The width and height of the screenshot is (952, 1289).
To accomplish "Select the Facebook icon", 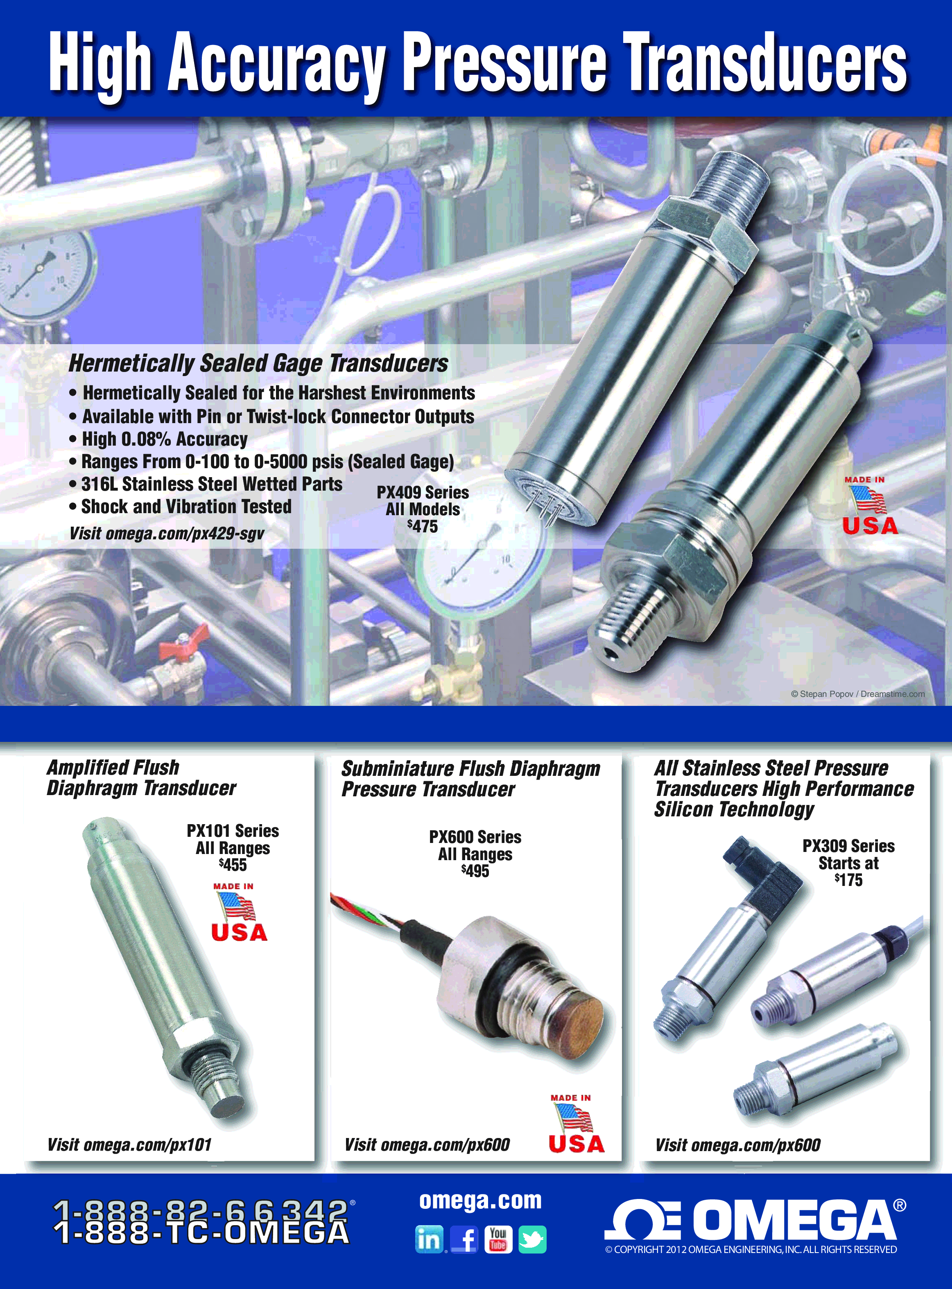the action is [464, 1239].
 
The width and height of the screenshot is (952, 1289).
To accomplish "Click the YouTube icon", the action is [498, 1239].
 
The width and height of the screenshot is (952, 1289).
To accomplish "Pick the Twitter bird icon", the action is [532, 1239].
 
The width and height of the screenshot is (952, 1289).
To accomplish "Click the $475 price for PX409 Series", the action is [423, 526].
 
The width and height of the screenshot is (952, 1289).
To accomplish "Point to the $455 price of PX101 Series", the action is [233, 865].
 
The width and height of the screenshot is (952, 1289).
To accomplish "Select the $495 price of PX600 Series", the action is [475, 870].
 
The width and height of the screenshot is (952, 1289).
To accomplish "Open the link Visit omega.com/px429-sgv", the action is [167, 533].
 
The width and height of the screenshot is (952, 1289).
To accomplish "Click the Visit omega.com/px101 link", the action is [130, 1145].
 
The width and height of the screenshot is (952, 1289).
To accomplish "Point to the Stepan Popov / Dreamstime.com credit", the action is [857, 694].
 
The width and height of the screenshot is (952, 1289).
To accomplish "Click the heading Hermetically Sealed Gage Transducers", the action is [258, 363].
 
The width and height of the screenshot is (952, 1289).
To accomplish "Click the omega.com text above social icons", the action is [481, 1200].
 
